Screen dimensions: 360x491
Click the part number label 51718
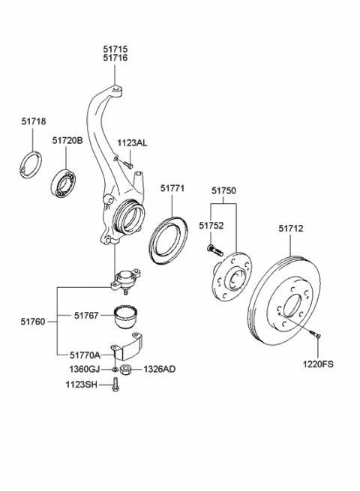click(34, 121)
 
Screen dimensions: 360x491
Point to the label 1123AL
click(132, 143)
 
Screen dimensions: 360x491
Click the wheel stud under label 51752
click(214, 250)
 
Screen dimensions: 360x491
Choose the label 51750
click(223, 190)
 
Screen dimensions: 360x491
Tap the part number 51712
click(291, 229)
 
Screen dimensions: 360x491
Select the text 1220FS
click(318, 364)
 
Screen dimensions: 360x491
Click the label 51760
click(33, 322)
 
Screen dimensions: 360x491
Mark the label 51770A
click(85, 355)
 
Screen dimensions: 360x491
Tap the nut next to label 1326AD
click(125, 370)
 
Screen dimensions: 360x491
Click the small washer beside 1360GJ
click(115, 370)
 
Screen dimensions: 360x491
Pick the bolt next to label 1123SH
click(115, 385)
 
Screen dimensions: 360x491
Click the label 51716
click(115, 58)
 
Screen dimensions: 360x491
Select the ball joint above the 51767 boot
click(126, 280)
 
